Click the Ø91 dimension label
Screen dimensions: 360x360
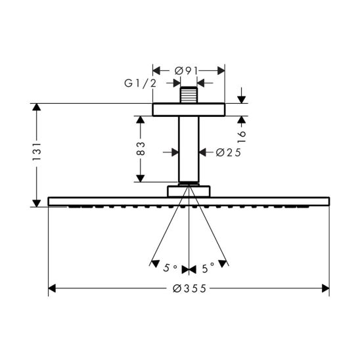click(x=186, y=71)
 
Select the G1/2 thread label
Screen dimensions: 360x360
click(x=141, y=83)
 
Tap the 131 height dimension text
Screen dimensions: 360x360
click(x=37, y=152)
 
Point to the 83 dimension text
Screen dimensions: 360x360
click(x=141, y=148)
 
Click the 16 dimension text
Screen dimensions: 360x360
click(x=241, y=137)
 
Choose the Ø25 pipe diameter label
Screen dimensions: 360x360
click(x=229, y=152)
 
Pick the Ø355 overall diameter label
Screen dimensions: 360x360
click(x=189, y=288)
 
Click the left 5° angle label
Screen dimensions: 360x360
click(x=170, y=268)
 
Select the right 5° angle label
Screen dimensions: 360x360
click(x=208, y=268)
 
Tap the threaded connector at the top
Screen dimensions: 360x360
click(x=189, y=95)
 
